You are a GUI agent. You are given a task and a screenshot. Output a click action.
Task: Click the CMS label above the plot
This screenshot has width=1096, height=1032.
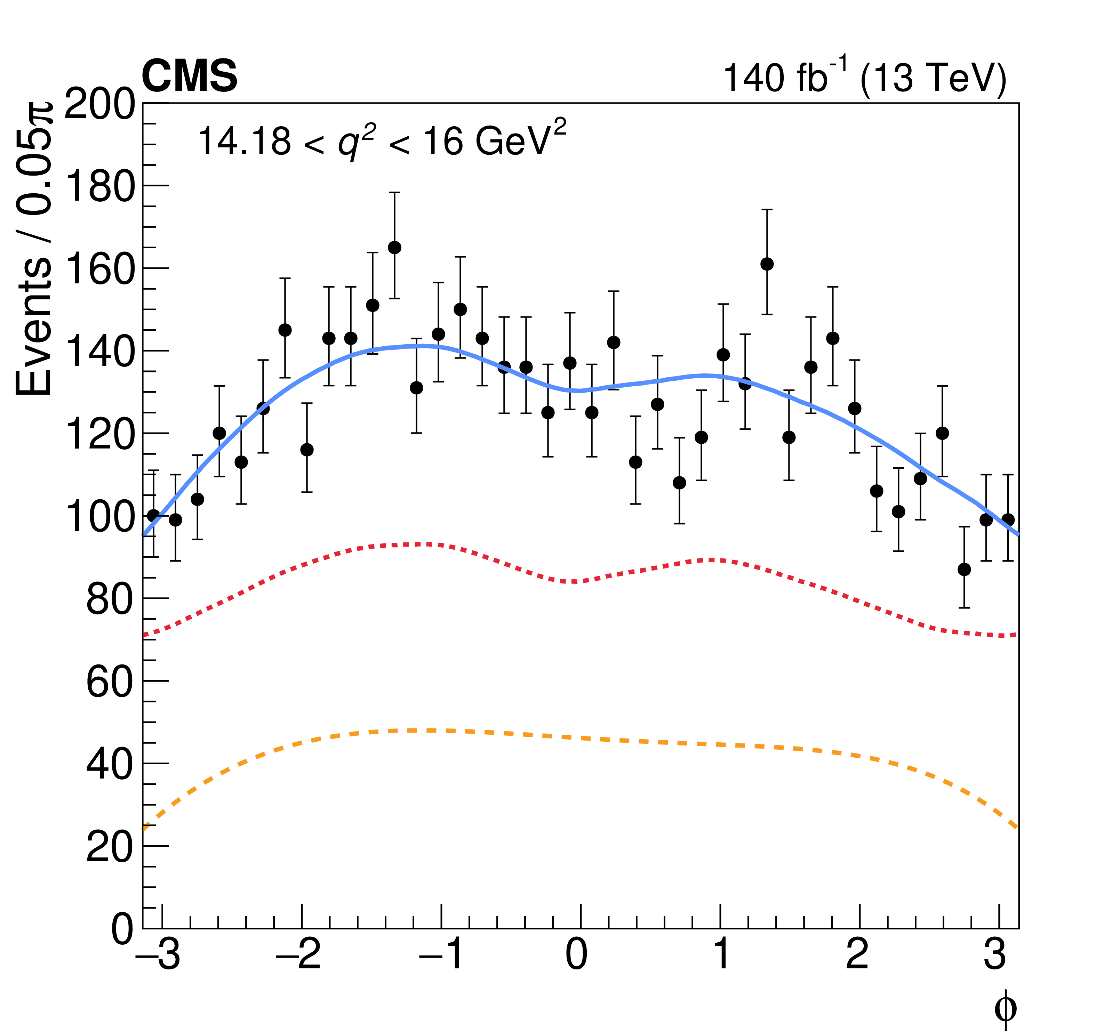(x=189, y=76)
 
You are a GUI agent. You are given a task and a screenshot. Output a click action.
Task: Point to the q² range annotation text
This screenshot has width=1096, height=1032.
(x=382, y=141)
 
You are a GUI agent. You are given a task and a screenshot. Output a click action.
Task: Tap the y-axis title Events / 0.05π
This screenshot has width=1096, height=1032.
(x=34, y=248)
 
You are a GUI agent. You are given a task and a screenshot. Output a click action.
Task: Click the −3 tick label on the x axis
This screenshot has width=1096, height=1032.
(x=158, y=954)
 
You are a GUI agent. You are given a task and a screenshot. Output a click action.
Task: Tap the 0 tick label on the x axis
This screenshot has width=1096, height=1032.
(x=577, y=954)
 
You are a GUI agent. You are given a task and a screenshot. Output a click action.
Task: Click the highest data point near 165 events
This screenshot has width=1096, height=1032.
(x=395, y=247)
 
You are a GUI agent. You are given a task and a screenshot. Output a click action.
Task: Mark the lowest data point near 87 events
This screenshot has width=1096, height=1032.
(x=964, y=569)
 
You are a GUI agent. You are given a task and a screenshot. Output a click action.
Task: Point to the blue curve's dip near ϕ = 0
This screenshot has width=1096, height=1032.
(x=578, y=390)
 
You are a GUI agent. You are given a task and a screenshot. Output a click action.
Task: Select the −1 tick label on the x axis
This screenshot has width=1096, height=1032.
(x=441, y=954)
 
